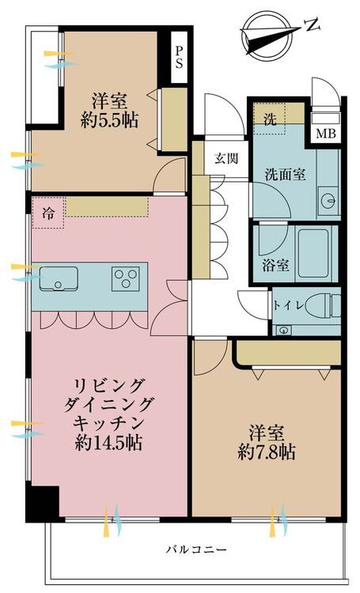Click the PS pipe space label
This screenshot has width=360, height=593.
pos(179,57)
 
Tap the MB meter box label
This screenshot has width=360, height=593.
pos(325,134)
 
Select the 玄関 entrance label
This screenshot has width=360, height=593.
pos(226,158)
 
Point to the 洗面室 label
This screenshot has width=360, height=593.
pos(285,175)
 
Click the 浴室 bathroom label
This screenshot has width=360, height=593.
pos(276,265)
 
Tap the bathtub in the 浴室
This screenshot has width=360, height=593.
pos(313,253)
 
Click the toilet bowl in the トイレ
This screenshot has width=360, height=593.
pos(323,305)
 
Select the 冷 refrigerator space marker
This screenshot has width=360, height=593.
pos(48,213)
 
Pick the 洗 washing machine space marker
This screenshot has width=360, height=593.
pos(270,120)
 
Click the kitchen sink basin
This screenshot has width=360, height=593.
pos(59,279)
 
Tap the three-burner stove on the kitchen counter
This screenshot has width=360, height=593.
pos(126,279)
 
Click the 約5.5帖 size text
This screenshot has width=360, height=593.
pos(109,120)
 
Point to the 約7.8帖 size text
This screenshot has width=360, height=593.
pos(267,452)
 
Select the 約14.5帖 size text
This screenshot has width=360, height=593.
pos(109,443)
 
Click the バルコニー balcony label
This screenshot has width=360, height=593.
pos(196,549)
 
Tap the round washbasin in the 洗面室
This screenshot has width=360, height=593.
pos(328,199)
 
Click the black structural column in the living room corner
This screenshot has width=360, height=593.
pos(43,501)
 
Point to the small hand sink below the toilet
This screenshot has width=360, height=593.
pos(282,330)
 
